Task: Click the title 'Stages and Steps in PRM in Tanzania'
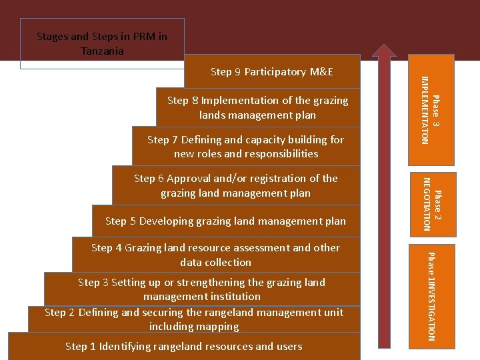[102, 43]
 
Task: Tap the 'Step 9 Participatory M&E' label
[271, 72]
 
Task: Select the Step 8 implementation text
[257, 107]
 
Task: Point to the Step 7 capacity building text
[245, 147]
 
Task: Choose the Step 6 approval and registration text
[235, 185]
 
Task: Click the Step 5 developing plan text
[225, 221]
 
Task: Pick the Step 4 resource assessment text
[215, 255]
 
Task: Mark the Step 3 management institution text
[201, 289]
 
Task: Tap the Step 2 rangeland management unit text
[194, 319]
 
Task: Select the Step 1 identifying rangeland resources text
[183, 346]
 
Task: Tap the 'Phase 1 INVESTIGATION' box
[432, 296]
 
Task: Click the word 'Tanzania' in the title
[102, 51]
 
